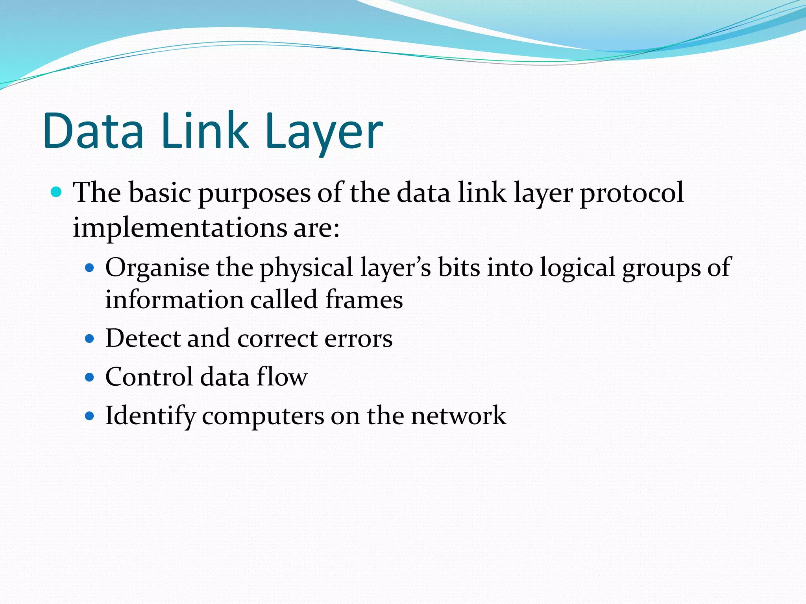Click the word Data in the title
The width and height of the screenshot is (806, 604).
click(x=94, y=131)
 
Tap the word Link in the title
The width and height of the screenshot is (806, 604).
click(x=205, y=131)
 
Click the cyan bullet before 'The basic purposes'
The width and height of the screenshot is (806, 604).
click(x=57, y=192)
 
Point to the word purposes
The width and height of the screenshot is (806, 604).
click(x=254, y=193)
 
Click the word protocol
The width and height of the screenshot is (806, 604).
click(x=632, y=193)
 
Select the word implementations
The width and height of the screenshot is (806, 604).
click(x=180, y=228)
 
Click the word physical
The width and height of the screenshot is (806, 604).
click(x=306, y=268)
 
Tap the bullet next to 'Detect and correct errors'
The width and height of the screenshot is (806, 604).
click(x=90, y=339)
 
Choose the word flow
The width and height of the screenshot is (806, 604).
click(x=282, y=377)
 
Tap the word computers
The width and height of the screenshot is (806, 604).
click(x=263, y=417)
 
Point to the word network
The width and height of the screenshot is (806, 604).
click(x=458, y=416)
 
